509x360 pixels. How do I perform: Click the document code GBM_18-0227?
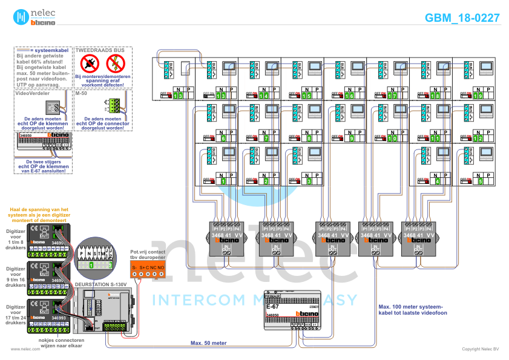tap(462, 18)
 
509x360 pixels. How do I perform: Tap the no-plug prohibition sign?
tap(90, 62)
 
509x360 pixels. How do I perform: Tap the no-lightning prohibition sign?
tap(115, 62)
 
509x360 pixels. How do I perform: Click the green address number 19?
tap(478, 96)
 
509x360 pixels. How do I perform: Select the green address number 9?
tap(351, 139)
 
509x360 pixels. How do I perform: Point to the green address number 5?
tap(481, 181)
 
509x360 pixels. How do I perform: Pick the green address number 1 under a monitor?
tap(223, 181)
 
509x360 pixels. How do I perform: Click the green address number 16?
tap(349, 96)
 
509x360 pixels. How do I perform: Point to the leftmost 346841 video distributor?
tap(225, 238)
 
